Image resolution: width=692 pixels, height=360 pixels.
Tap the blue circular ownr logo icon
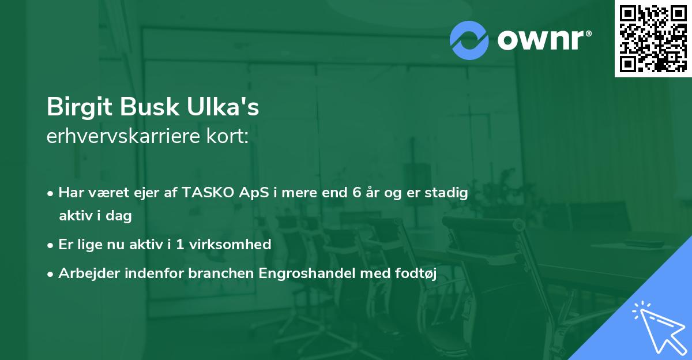[469, 39]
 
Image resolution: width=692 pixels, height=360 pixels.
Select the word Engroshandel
[308, 273]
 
